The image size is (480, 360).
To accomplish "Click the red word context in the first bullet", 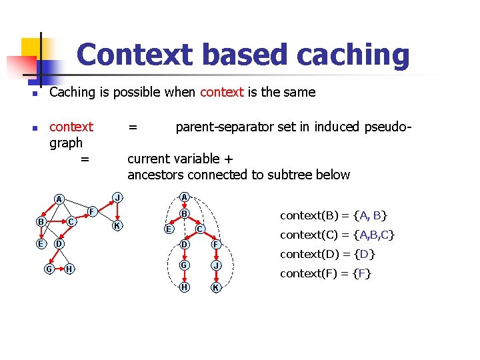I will pyautogui.click(x=221, y=93).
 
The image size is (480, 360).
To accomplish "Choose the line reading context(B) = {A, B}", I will pyautogui.click(x=333, y=215).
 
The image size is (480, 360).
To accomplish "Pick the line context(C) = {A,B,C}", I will pyautogui.click(x=337, y=235).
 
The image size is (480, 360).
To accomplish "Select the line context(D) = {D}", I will pyautogui.click(x=328, y=254).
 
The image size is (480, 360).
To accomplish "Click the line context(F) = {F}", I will pyautogui.click(x=326, y=273).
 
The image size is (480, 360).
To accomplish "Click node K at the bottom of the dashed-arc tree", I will pyautogui.click(x=215, y=288).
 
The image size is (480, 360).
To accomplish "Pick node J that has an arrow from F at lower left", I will pyautogui.click(x=117, y=198).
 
